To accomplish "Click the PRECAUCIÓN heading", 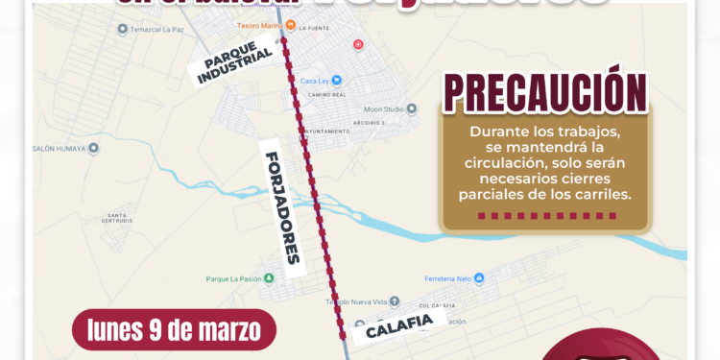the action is tap(544, 93).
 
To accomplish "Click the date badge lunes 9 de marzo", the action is tap(174, 329).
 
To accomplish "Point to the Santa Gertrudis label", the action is tap(117, 217).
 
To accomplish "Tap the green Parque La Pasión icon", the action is tap(270, 278).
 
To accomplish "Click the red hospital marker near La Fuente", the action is tap(358, 44).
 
